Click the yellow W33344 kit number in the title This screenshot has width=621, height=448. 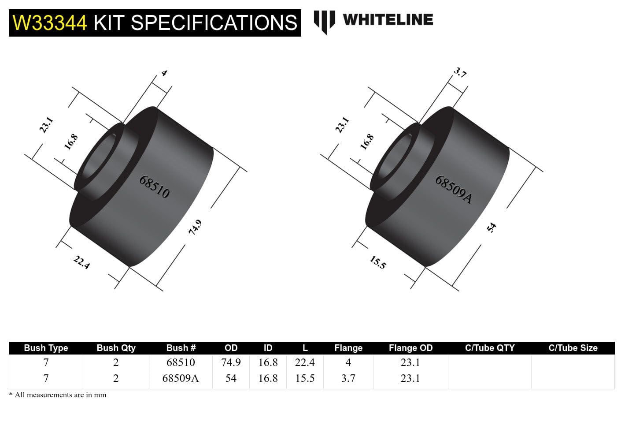coord(50,23)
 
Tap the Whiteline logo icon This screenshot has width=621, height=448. coord(324,21)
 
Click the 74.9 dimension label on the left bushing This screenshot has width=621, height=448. coord(195,227)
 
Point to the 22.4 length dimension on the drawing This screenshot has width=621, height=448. coord(82,262)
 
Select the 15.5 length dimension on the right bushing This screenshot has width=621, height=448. coord(377,262)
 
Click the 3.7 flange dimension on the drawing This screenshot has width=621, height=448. coord(460,73)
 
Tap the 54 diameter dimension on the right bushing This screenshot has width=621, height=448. coord(492,228)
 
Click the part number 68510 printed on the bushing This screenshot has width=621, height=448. coord(154,187)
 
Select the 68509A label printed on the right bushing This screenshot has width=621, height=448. coord(453,190)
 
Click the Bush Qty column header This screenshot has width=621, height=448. coord(116,348)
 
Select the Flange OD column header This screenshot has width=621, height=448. coord(410,348)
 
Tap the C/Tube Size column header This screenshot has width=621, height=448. coord(573,348)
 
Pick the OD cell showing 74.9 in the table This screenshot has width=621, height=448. coord(231,362)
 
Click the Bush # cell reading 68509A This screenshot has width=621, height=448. coord(181,378)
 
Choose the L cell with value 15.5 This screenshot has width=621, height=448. coord(305,378)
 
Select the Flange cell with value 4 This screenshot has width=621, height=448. coord(348,362)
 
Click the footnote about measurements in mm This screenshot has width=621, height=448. coord(58,395)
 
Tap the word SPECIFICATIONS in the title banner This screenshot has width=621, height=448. coord(214,23)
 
